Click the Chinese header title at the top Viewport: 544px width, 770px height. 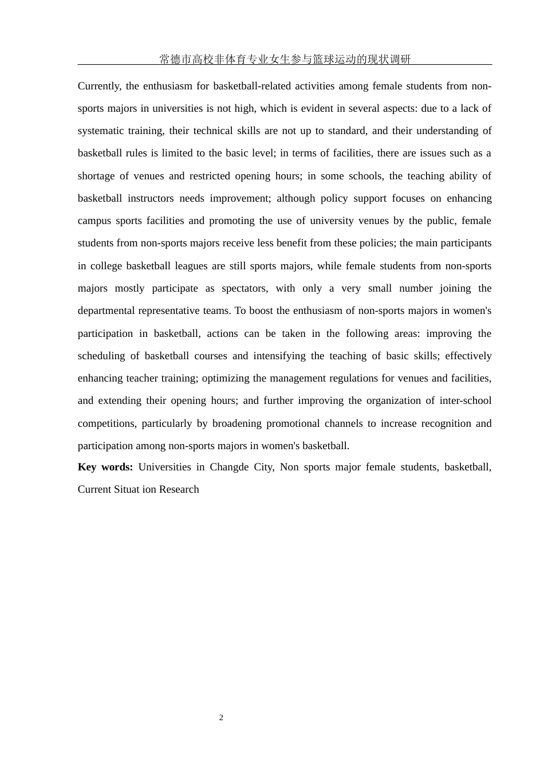(x=285, y=59)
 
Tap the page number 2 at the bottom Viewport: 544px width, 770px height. (x=221, y=718)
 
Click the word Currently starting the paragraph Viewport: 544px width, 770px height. (x=99, y=86)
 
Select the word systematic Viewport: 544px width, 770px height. (x=100, y=131)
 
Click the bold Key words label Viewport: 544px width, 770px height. (x=105, y=467)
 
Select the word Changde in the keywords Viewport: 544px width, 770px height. (x=229, y=467)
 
